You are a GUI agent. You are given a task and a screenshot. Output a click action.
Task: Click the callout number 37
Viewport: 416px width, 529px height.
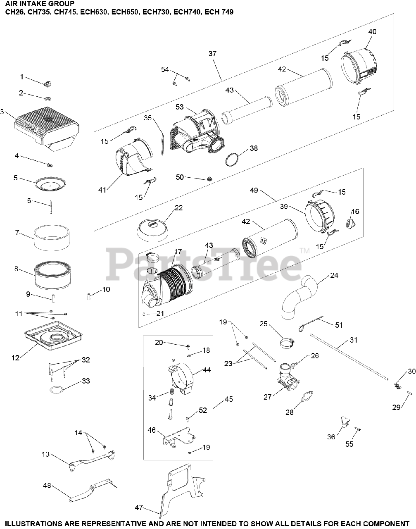[212, 54]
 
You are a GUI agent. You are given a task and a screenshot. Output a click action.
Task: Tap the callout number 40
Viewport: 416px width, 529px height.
[372, 31]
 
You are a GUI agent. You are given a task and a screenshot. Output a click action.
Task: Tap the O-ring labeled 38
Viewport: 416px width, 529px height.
[234, 159]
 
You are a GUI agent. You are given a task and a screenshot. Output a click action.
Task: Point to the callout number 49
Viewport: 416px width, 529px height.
[265, 190]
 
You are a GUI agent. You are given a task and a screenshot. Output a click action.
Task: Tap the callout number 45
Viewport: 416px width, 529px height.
[229, 399]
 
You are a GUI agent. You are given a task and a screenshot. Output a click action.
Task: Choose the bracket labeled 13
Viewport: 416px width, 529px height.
[91, 458]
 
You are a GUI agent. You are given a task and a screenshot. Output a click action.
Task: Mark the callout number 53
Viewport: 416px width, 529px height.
[179, 107]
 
